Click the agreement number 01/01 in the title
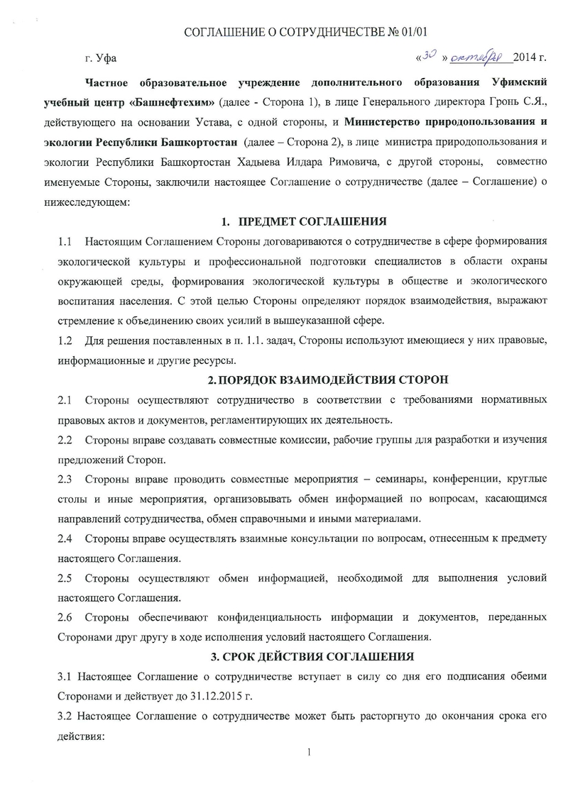tap(415, 33)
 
